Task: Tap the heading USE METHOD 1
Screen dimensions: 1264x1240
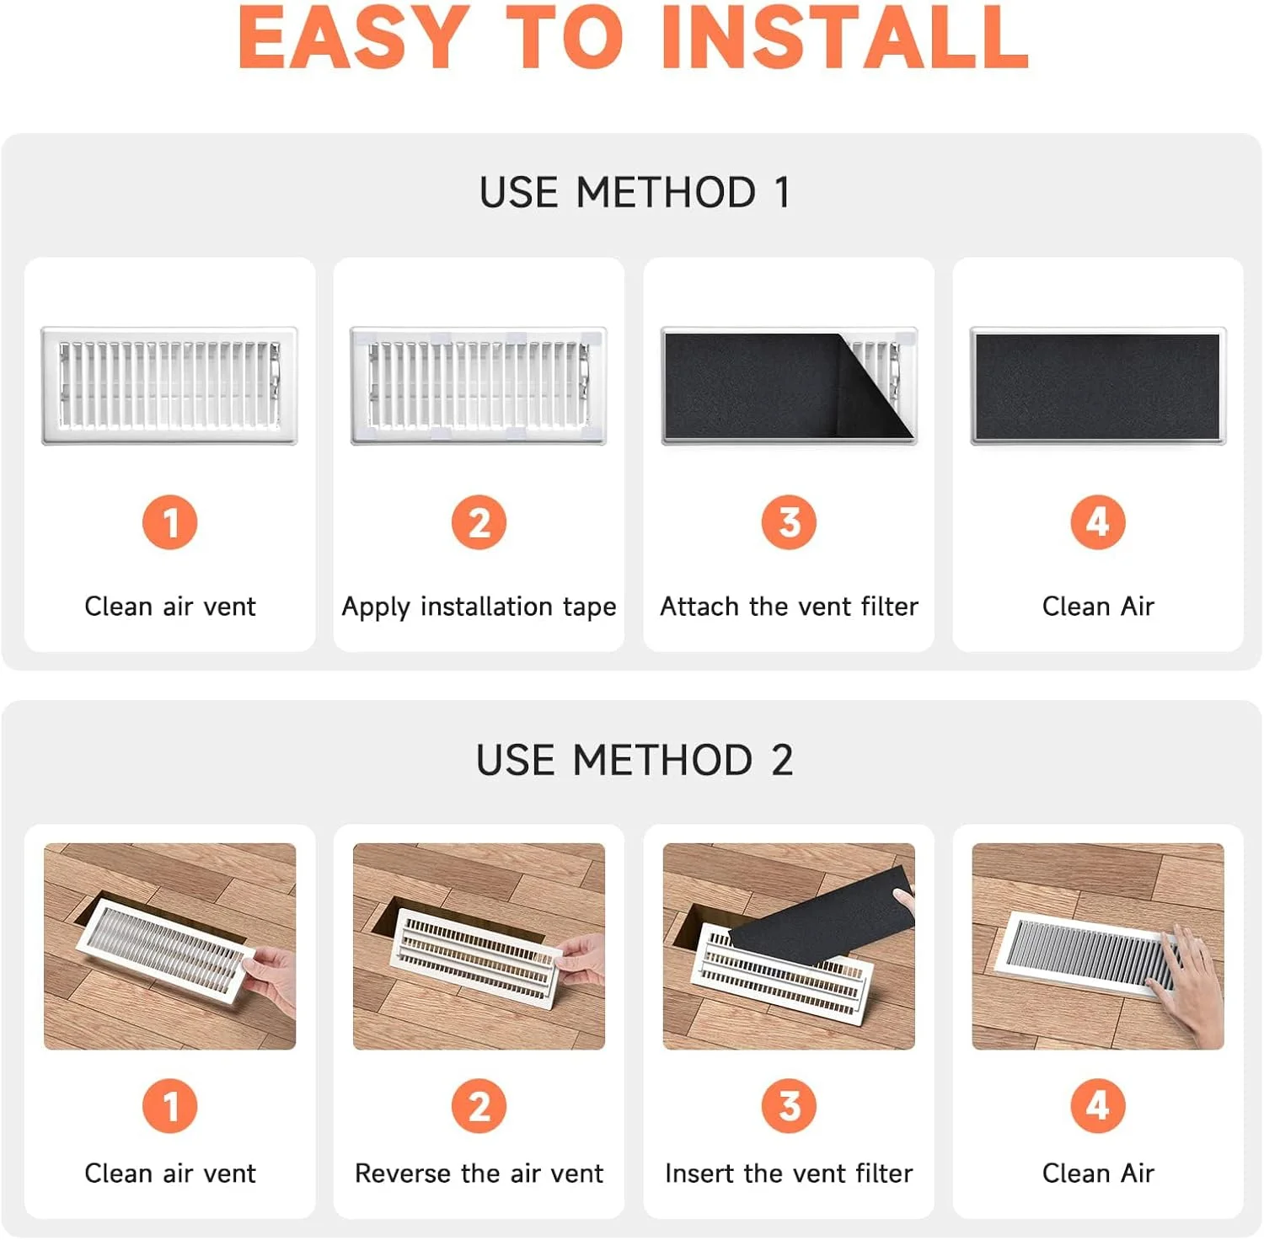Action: pyautogui.click(x=635, y=192)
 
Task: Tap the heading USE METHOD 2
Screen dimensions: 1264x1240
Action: pyautogui.click(x=635, y=760)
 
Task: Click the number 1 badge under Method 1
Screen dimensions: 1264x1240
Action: pyautogui.click(x=170, y=522)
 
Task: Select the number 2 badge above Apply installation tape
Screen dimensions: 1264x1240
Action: pyautogui.click(x=479, y=522)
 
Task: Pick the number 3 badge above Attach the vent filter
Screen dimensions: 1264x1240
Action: pyautogui.click(x=789, y=522)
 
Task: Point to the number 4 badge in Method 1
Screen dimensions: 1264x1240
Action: pyautogui.click(x=1098, y=522)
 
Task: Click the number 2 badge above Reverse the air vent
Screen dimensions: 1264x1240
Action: pyautogui.click(x=479, y=1106)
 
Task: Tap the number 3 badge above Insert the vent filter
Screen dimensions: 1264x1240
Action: pyautogui.click(x=789, y=1106)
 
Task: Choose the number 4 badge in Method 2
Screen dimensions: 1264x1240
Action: pyautogui.click(x=1098, y=1106)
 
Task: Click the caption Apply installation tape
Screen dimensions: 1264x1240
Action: pyautogui.click(x=479, y=607)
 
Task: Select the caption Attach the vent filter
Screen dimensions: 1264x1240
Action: pyautogui.click(x=789, y=606)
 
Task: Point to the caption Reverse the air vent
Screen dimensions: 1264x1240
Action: pyautogui.click(x=479, y=1173)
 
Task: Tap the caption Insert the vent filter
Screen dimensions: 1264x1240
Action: pyautogui.click(x=789, y=1173)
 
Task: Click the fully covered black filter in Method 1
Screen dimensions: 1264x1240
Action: pyautogui.click(x=1098, y=387)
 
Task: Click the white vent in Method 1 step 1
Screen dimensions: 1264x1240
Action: pyautogui.click(x=169, y=386)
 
